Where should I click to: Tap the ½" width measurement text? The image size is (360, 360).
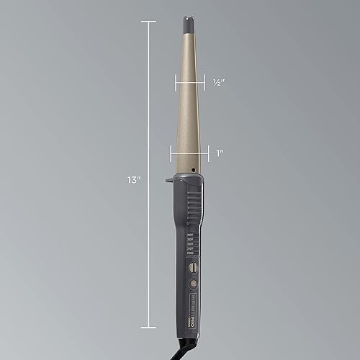pos(220,83)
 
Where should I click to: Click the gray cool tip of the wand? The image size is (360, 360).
pos(189,24)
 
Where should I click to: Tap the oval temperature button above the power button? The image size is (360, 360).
pos(192,267)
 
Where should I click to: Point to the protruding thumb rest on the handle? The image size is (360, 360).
pos(170,177)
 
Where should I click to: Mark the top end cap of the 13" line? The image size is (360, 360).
pos(149,22)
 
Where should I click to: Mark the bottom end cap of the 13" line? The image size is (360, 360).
pos(149,327)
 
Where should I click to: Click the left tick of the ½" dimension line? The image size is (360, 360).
pos(175,83)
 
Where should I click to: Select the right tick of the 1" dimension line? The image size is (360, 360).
pos(210,153)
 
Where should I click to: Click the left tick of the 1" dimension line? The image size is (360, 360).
pos(171,153)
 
